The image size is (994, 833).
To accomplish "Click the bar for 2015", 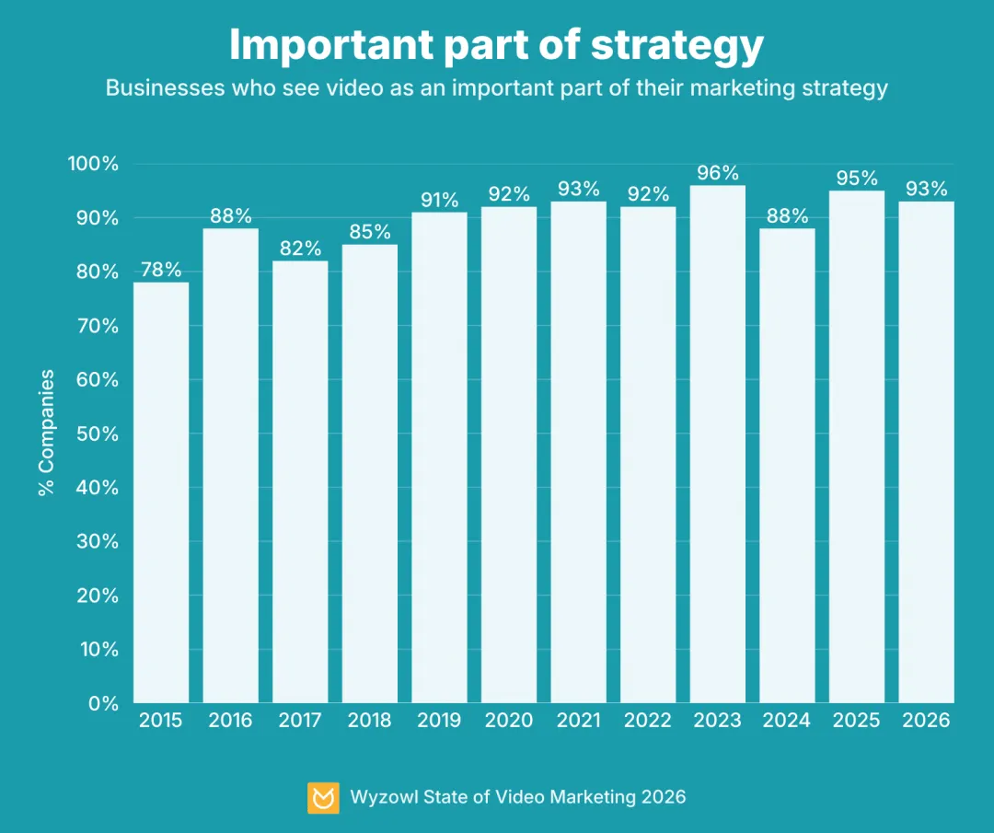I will pos(161,492).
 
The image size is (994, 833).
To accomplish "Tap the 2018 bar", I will pos(370,473).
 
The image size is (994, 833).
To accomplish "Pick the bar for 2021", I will pos(579,452).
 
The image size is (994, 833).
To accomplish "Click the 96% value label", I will pos(718,173).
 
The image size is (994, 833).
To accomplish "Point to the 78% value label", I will pos(161,270).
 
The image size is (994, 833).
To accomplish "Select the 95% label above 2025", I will pos(857,179).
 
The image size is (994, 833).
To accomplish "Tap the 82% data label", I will pos(300,249).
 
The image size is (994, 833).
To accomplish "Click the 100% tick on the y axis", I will pos(93,165).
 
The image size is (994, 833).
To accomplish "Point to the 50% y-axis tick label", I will pos(98,434).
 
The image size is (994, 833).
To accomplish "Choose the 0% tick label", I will pos(104,703).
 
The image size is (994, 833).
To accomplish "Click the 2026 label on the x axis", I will pos(926,721).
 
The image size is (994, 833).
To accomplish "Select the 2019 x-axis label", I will pos(439,721).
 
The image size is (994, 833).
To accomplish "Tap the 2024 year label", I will pos(787,721).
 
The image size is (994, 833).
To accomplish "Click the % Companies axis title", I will pos(47,433).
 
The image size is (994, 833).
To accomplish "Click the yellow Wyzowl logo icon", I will pos(323,797).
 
